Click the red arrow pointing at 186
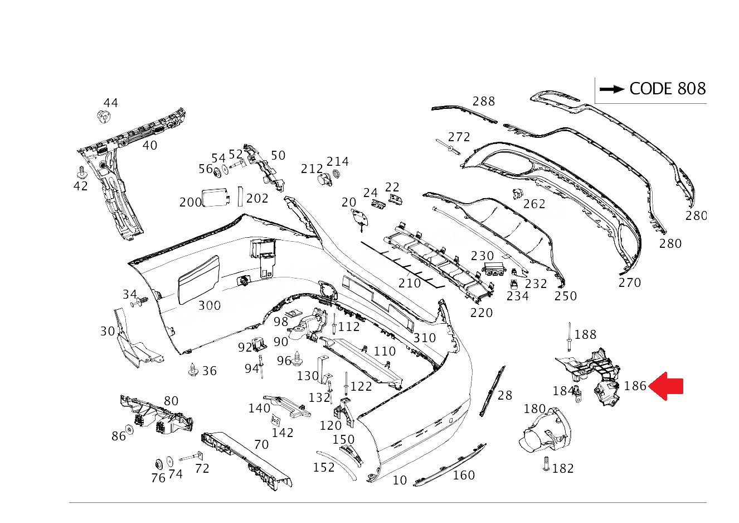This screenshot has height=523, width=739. click(x=666, y=386)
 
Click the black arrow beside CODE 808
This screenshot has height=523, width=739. click(x=612, y=89)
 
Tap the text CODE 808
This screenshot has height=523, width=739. click(x=668, y=89)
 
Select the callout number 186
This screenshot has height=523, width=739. click(x=635, y=386)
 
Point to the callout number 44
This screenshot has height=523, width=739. click(x=111, y=103)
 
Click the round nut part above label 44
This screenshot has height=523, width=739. click(x=104, y=117)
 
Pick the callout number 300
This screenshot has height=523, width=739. click(x=210, y=306)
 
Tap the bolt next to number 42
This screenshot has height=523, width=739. click(x=81, y=172)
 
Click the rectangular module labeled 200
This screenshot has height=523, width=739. click(x=216, y=197)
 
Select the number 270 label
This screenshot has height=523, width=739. click(x=629, y=282)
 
